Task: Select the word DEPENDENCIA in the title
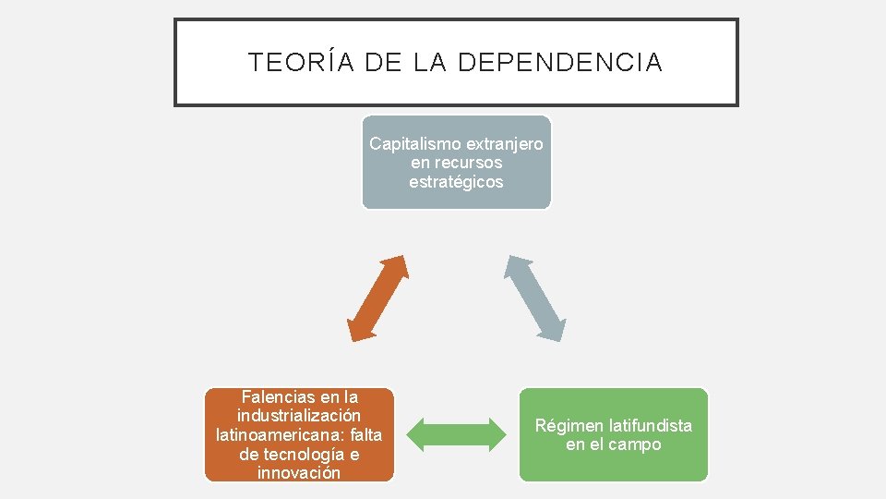[x=559, y=63]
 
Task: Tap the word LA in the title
[x=430, y=63]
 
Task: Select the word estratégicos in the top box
[x=456, y=182]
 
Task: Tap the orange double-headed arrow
[x=377, y=298]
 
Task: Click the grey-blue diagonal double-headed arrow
[x=534, y=298]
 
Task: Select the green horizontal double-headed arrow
[x=456, y=434]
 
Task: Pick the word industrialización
[x=299, y=416]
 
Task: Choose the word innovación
[x=299, y=473]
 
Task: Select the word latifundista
[x=650, y=425]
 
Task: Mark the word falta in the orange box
[x=366, y=435]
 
